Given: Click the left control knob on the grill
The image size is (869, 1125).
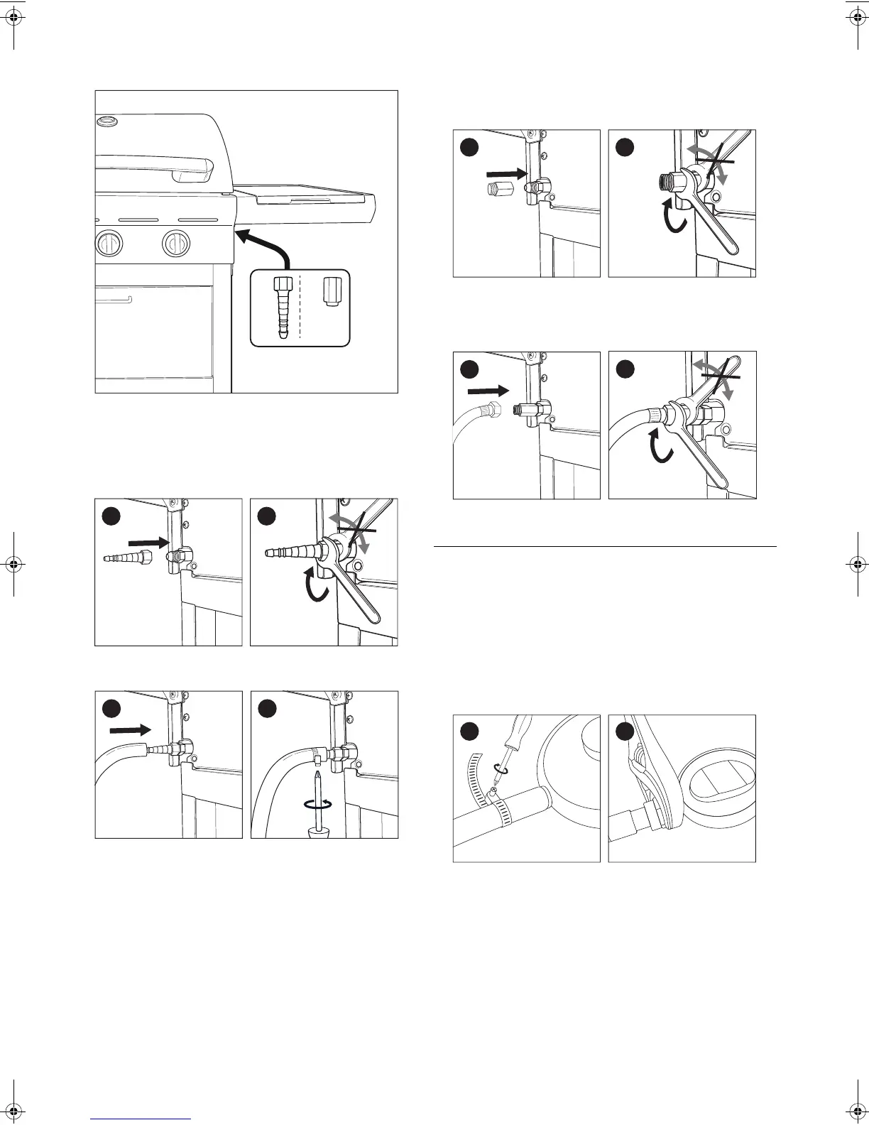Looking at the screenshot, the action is tap(109, 244).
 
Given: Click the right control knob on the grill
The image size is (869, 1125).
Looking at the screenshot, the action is tap(175, 244).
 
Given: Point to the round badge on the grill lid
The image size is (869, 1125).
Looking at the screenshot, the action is tap(107, 122).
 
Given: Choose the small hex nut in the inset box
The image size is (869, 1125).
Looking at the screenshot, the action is tap(330, 291).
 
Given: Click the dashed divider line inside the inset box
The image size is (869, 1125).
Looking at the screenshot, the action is tap(300, 307).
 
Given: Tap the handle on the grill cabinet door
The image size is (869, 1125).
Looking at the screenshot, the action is tap(114, 299).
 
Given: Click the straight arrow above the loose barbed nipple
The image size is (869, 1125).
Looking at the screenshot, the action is tap(148, 543).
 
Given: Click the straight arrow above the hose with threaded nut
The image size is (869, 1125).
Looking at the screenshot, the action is tap(489, 391).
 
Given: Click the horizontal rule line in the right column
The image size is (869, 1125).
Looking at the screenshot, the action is tap(605, 547).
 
